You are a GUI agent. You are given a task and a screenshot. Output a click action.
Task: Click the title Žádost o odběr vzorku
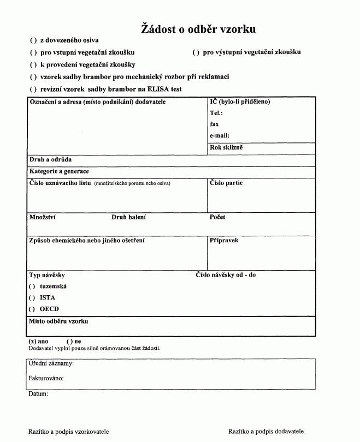[x=198, y=29]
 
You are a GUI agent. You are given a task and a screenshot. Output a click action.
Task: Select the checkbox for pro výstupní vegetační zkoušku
[x=196, y=53]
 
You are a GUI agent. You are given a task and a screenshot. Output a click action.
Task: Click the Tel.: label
[x=216, y=113]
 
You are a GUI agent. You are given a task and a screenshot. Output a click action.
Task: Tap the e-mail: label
[x=220, y=135]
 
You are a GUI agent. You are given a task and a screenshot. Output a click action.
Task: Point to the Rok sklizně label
[x=226, y=147]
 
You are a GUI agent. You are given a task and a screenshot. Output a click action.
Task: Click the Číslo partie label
[x=226, y=183]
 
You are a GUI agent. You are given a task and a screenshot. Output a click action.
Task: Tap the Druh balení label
[x=128, y=217]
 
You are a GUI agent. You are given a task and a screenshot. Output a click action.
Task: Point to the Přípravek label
[x=224, y=240]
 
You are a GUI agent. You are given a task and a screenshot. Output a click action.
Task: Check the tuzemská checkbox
[x=33, y=286]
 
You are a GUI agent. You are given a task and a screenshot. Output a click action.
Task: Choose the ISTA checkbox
[x=33, y=298]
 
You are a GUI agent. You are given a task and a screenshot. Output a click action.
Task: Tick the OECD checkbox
[x=33, y=309]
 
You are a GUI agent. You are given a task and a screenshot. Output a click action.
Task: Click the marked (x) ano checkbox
[x=33, y=341]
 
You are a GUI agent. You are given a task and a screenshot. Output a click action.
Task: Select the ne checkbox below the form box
[x=69, y=341]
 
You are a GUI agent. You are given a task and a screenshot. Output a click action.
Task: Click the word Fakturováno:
[x=46, y=378]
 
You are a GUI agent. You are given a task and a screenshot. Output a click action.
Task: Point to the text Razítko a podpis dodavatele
[x=266, y=431]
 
